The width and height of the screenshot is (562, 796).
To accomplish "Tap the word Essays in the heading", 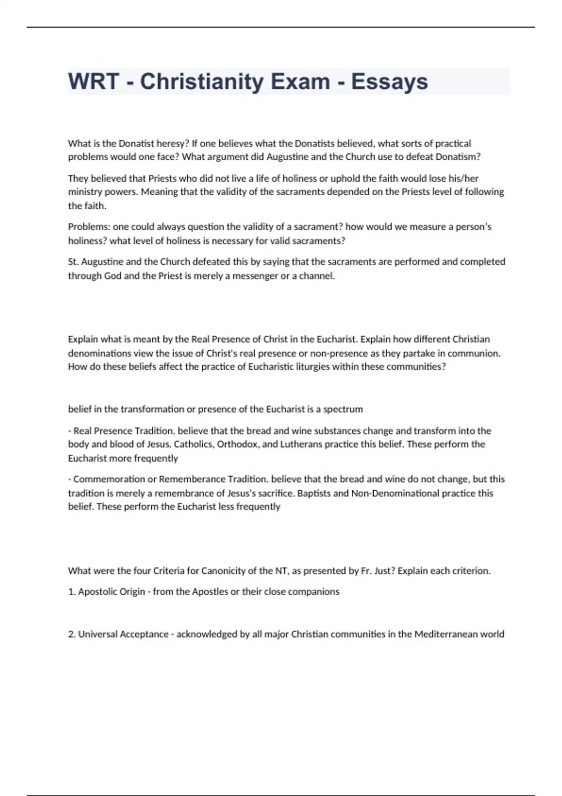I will [389, 81].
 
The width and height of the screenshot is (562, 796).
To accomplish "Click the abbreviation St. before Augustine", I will [74, 262].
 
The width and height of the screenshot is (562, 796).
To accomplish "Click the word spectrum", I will [343, 409].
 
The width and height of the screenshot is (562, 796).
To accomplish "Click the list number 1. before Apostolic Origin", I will [72, 592].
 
